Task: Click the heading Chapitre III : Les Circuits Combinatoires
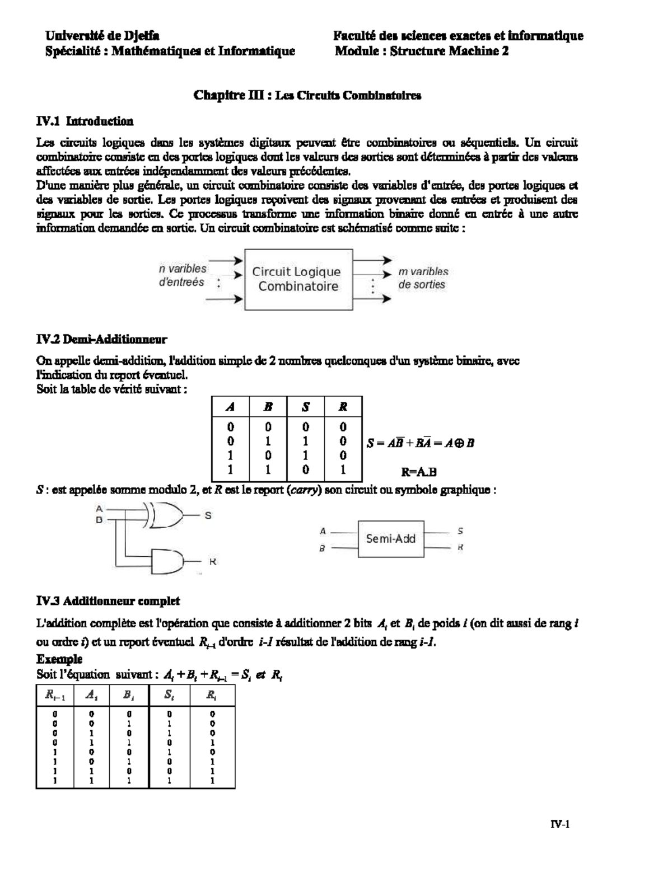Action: (307, 95)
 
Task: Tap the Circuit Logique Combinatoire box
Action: (297, 279)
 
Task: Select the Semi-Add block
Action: (390, 539)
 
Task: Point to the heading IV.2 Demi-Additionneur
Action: (101, 339)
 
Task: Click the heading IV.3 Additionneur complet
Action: (108, 601)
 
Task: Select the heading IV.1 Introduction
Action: (85, 121)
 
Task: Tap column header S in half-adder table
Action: (305, 407)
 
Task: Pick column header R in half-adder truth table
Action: (343, 407)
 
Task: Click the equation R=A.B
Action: (419, 472)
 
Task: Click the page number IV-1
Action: (559, 824)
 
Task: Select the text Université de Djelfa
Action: (102, 36)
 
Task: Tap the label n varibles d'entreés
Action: (182, 275)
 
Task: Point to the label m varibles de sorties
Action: (423, 278)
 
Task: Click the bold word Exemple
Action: (59, 659)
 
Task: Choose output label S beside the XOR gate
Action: (208, 515)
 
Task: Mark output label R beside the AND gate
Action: (212, 561)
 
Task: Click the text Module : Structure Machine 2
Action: (421, 51)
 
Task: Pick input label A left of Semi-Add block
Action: (323, 531)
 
